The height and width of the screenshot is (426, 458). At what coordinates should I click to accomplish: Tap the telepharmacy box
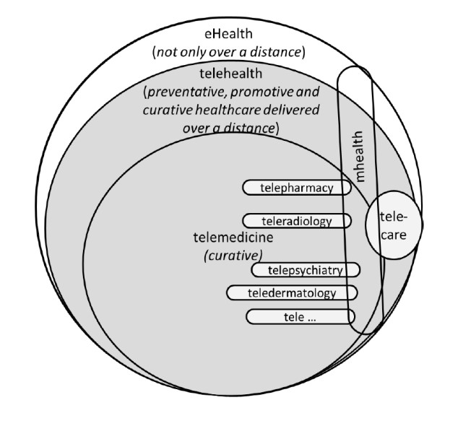296,188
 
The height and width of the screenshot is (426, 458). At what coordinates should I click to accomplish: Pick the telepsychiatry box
306,270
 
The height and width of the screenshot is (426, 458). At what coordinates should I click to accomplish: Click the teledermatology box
292,292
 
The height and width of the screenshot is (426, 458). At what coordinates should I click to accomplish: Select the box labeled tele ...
300,316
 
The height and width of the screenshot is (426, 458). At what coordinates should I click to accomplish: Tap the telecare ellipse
393,226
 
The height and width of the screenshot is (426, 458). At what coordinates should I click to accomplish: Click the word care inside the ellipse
393,235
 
